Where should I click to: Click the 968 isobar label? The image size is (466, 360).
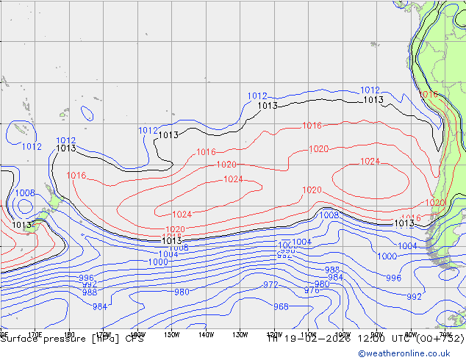click(x=281, y=307)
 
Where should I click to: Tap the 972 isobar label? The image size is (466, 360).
click(x=270, y=284)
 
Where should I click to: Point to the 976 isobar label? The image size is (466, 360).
click(x=312, y=291)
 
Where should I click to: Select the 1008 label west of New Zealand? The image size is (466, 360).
click(x=24, y=193)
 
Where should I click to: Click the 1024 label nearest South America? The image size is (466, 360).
click(x=370, y=162)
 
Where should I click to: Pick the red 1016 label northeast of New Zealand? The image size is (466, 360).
click(x=76, y=176)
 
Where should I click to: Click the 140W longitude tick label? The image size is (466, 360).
click(x=205, y=334)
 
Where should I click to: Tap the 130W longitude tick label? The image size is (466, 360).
click(x=240, y=334)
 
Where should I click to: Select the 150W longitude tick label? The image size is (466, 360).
click(x=171, y=334)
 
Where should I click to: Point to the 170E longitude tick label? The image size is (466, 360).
click(x=34, y=334)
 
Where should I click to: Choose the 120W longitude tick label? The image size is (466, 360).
click(x=273, y=334)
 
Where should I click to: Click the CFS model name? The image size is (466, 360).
click(x=135, y=339)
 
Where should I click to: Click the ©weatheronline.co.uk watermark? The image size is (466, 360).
click(x=409, y=353)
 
